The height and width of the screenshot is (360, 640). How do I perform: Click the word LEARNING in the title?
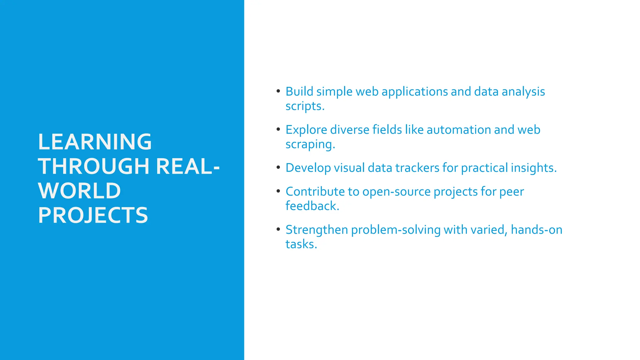(x=95, y=142)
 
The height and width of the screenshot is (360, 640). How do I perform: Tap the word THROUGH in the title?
(x=94, y=166)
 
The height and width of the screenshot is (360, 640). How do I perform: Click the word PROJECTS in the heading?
(x=93, y=215)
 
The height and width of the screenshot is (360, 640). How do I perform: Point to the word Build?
(x=299, y=92)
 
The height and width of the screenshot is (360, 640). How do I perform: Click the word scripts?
(x=305, y=106)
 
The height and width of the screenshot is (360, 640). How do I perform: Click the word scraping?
(x=310, y=144)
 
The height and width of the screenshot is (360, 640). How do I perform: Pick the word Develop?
(x=308, y=168)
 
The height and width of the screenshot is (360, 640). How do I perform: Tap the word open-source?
(x=397, y=192)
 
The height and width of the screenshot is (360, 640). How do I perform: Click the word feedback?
(x=312, y=206)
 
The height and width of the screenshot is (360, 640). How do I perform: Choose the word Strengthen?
(x=317, y=230)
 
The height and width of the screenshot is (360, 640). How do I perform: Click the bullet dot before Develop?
(x=278, y=167)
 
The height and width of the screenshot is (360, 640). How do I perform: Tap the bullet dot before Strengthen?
(x=278, y=229)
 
